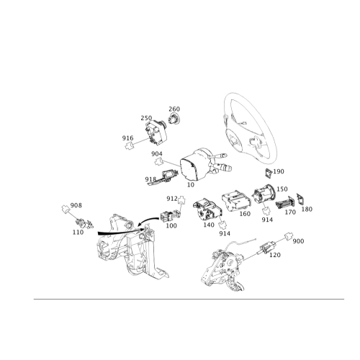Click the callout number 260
pyautogui.click(x=174, y=109)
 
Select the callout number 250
pyautogui.click(x=146, y=118)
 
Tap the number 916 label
pyautogui.click(x=127, y=138)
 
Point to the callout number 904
pyautogui.click(x=157, y=153)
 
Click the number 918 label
pyautogui.click(x=150, y=179)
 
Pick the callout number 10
pyautogui.click(x=191, y=185)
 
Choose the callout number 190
pyautogui.click(x=279, y=171)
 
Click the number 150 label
pyautogui.click(x=282, y=189)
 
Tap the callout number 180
pyautogui.click(x=307, y=209)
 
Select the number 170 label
pyautogui.click(x=290, y=212)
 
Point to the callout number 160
pyautogui.click(x=245, y=214)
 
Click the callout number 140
pyautogui.click(x=209, y=225)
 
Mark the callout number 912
pyautogui.click(x=172, y=199)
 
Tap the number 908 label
pyautogui.click(x=76, y=205)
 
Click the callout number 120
pyautogui.click(x=275, y=255)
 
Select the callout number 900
pyautogui.click(x=298, y=241)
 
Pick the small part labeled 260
pyautogui.click(x=174, y=119)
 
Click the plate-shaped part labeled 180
pyautogui.click(x=300, y=199)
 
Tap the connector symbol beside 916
pyautogui.click(x=129, y=145)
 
